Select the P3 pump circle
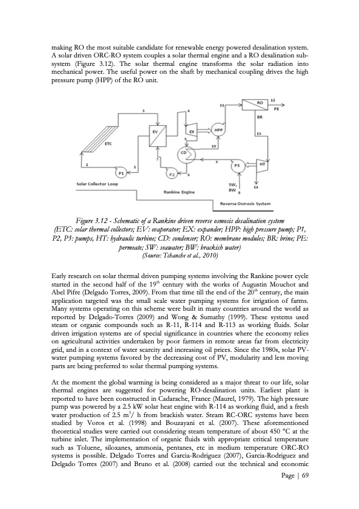tap(237, 165)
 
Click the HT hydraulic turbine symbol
tap(263, 164)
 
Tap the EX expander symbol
tap(191, 131)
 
